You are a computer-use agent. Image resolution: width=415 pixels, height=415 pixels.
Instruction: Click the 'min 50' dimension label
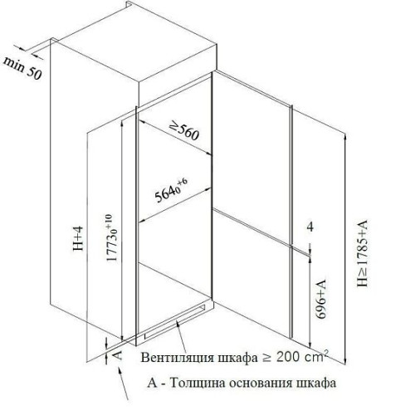22,69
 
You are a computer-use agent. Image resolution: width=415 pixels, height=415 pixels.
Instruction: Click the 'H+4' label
78,238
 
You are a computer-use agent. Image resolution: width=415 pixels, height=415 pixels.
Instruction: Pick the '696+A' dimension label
321,300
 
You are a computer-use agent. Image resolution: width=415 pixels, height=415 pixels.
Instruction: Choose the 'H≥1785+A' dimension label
363,253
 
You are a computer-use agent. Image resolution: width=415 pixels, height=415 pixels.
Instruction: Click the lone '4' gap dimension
310,227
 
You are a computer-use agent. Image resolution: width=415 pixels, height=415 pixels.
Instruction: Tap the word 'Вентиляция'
178,357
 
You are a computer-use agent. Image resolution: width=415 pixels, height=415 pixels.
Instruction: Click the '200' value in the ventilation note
288,357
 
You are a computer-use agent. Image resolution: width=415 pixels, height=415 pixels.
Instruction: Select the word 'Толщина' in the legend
198,383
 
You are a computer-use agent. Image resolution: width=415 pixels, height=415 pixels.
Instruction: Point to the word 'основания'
261,383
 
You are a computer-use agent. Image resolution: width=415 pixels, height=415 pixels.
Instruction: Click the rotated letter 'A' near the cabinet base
118,354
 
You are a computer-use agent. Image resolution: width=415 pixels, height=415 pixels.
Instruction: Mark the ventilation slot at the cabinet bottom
175,321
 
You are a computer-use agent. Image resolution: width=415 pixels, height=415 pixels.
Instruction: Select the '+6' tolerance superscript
183,183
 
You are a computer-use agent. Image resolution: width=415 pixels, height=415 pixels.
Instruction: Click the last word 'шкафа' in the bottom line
316,383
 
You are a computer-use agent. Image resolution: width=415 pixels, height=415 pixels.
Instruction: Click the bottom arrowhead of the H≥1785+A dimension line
345,363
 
